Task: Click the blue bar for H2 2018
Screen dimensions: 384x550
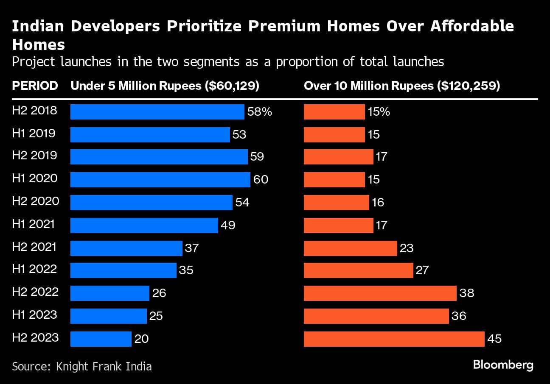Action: pyautogui.click(x=157, y=112)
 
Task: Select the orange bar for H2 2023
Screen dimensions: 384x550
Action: pyautogui.click(x=394, y=339)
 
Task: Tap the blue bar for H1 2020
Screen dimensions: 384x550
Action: pyautogui.click(x=160, y=180)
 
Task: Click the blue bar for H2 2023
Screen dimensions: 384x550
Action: pyautogui.click(x=101, y=339)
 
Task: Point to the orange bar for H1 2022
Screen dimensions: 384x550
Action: pyautogui.click(x=358, y=270)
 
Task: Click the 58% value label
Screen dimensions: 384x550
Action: pyautogui.click(x=260, y=112)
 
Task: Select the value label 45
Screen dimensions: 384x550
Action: pyautogui.click(x=495, y=339)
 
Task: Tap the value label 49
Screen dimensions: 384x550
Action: pyautogui.click(x=228, y=225)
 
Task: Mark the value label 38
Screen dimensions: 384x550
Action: pyautogui.click(x=466, y=293)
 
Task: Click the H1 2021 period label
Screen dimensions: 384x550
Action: pyautogui.click(x=34, y=223)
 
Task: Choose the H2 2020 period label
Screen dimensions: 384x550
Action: pyautogui.click(x=36, y=201)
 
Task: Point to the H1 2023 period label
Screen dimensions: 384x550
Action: pyautogui.click(x=34, y=314)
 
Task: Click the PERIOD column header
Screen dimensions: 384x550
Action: pyautogui.click(x=35, y=86)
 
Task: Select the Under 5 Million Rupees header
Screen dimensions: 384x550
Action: pyautogui.click(x=165, y=86)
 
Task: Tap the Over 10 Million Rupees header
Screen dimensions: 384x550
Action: pyautogui.click(x=402, y=86)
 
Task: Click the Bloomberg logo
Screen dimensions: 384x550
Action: pyautogui.click(x=503, y=365)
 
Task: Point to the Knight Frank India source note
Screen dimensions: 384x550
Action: pyautogui.click(x=82, y=366)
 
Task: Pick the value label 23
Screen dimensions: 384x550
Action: pyautogui.click(x=407, y=248)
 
